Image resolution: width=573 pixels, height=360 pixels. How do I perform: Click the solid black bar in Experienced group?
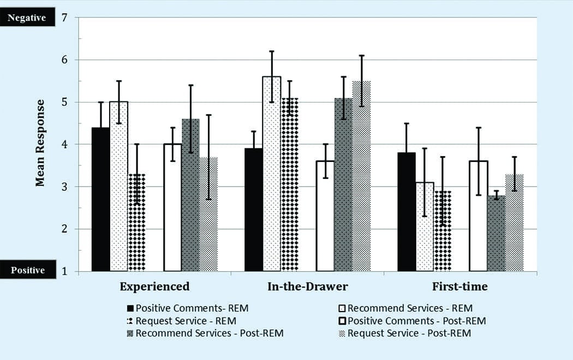point(100,199)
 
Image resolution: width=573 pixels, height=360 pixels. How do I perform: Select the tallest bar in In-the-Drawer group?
point(271,175)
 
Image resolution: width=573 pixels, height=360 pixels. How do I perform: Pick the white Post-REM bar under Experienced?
point(172,207)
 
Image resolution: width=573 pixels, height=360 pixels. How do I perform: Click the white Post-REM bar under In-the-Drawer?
point(325,215)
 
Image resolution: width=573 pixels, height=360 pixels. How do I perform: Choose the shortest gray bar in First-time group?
point(496,233)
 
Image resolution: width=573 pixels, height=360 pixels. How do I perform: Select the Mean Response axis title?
point(40,143)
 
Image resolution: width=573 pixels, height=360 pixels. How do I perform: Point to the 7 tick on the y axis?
point(64,17)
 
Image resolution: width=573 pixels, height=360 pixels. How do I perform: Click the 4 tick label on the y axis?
point(64,145)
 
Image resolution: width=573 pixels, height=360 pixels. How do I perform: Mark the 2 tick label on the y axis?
point(64,229)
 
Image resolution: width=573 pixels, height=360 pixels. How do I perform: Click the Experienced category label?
point(154,286)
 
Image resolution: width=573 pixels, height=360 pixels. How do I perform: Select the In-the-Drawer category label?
point(307,286)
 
